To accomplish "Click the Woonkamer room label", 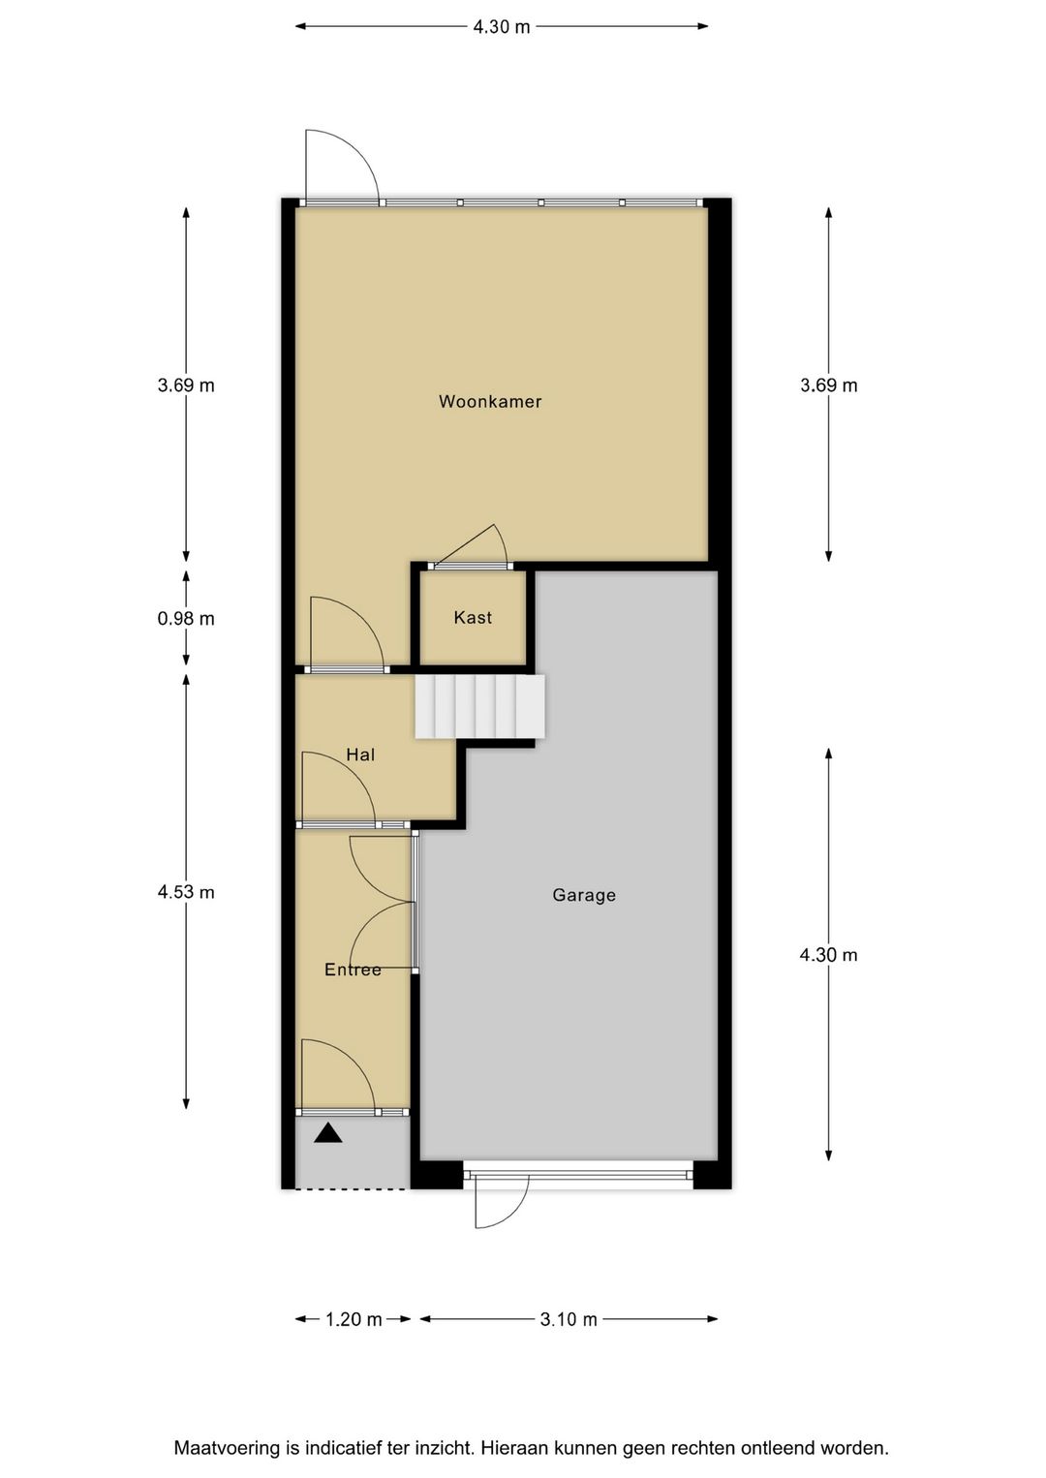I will [x=490, y=401].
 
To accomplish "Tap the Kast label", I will [x=473, y=617].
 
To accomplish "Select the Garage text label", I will [x=584, y=895].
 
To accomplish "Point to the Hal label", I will [x=360, y=754].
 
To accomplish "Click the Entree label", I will [x=353, y=970].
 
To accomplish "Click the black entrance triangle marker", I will [x=328, y=1132].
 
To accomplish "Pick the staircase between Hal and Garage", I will [x=479, y=706].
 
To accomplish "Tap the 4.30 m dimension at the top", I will [x=502, y=27].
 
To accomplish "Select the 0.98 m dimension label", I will [x=186, y=618].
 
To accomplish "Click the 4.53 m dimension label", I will [x=186, y=892].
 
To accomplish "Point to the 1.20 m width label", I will [x=354, y=1319].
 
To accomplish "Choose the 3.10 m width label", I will [x=569, y=1319].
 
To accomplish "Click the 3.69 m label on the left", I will [x=186, y=385].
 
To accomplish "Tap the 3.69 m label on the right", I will [x=828, y=385].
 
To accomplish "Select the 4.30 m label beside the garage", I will [x=828, y=955].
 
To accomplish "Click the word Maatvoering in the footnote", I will [x=226, y=1449].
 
